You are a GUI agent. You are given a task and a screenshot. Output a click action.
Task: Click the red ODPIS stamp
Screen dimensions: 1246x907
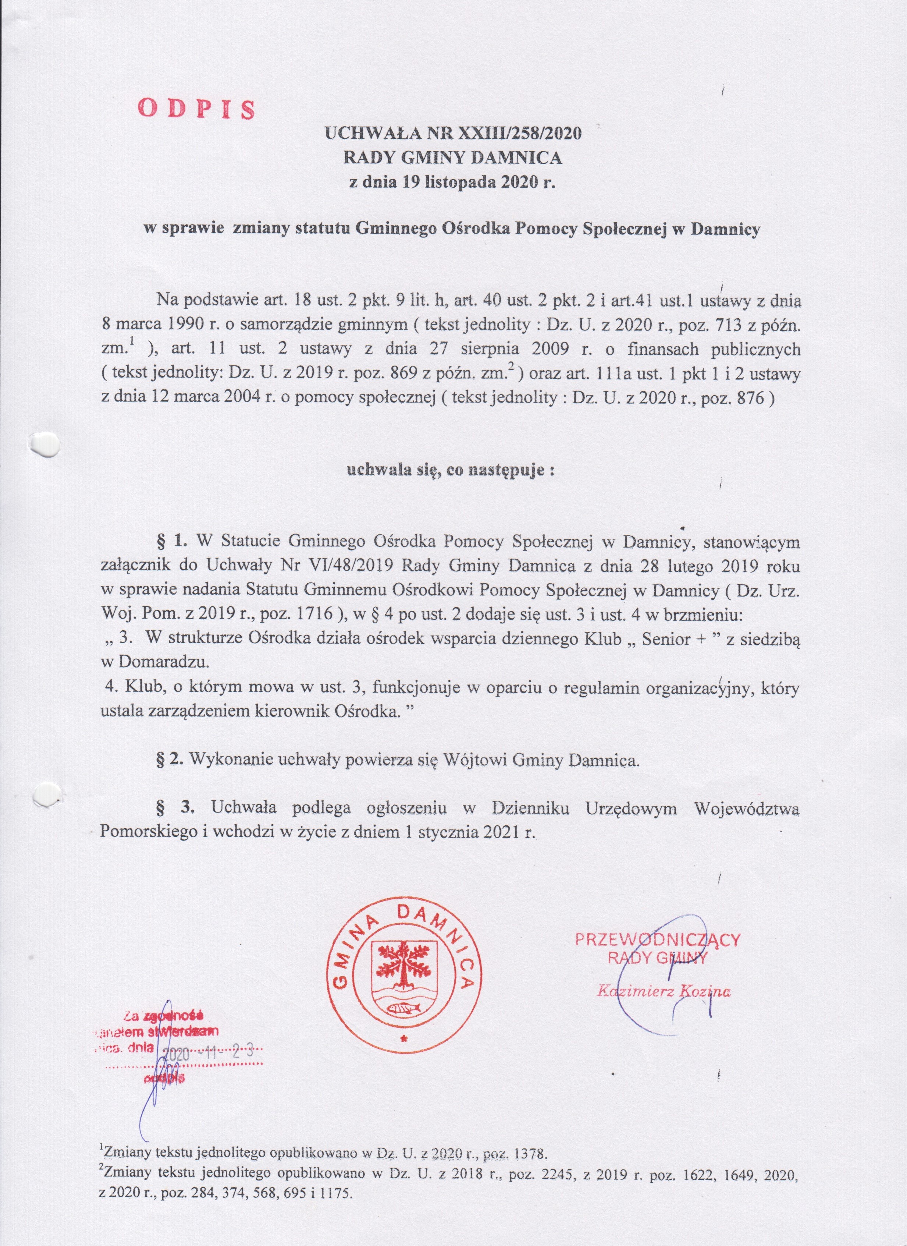pos(196,109)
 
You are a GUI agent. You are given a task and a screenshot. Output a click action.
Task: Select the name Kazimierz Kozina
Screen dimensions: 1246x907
pos(664,992)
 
